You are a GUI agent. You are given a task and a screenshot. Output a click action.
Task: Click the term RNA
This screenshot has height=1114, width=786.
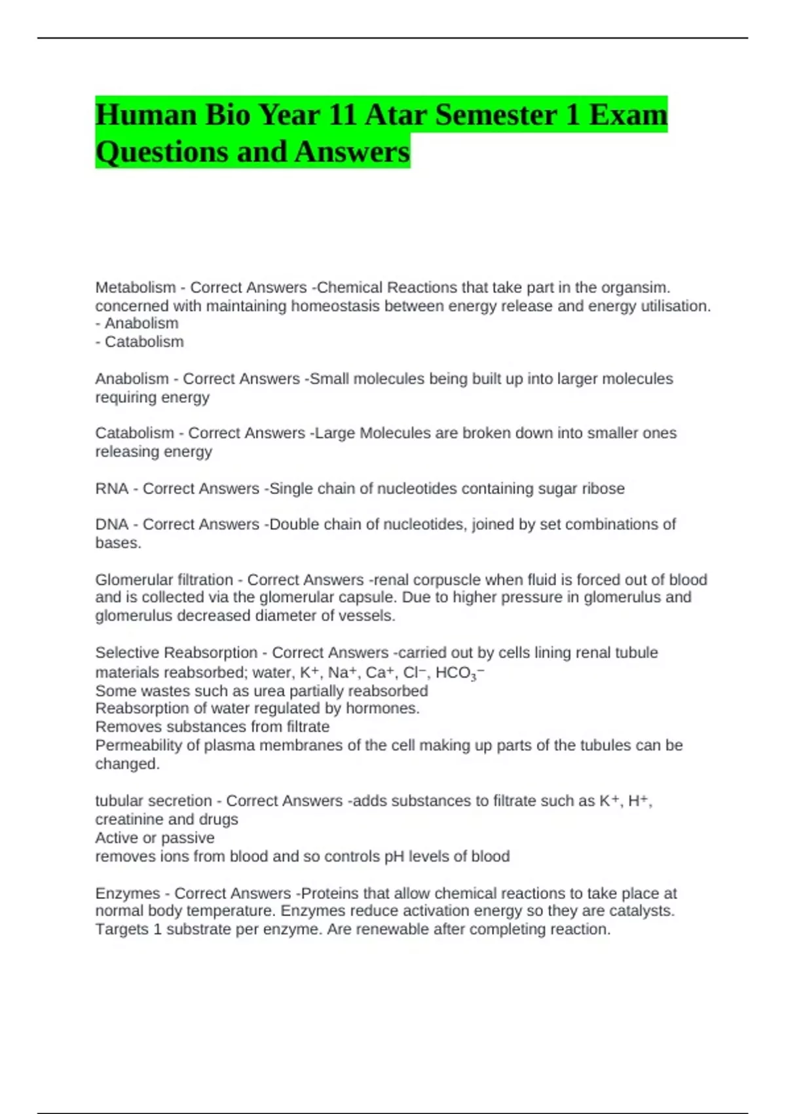(x=111, y=489)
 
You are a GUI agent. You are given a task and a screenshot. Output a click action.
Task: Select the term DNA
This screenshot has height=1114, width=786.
(x=111, y=524)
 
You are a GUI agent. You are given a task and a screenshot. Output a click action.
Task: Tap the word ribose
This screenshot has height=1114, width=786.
(x=603, y=489)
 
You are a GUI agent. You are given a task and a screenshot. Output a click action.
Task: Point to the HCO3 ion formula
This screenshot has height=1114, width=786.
(x=458, y=673)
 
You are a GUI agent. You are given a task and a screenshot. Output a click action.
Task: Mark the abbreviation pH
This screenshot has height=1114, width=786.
(x=394, y=856)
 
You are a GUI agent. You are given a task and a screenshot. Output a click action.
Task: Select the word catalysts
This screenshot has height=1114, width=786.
(x=641, y=911)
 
